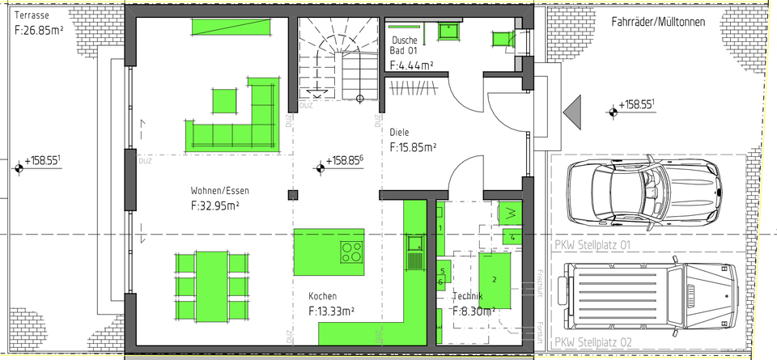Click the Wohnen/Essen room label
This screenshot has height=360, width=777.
(219, 191)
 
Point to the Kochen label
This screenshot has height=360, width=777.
(322, 296)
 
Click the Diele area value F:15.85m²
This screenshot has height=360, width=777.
(413, 147)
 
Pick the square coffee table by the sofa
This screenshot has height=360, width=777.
(226, 100)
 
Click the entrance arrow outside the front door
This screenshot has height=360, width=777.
(575, 111)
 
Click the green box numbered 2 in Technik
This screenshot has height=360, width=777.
(495, 280)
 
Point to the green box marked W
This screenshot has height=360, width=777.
(510, 213)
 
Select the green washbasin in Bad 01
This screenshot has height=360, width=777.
(447, 30)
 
